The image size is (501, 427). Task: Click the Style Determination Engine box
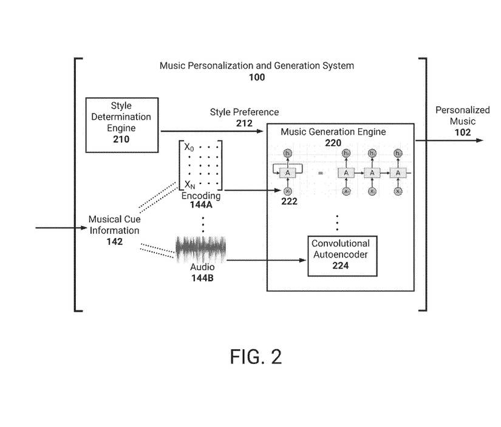121,125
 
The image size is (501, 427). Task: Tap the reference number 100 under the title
256,77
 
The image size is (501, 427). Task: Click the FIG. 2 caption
256,357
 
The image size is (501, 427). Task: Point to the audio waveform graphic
201,250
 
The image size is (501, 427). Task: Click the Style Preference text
244,112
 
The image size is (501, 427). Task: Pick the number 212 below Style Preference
244,123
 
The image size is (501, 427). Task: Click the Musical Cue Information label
114,225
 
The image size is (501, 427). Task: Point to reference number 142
114,241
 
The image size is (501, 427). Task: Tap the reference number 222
289,202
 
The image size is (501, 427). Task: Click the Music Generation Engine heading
333,132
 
